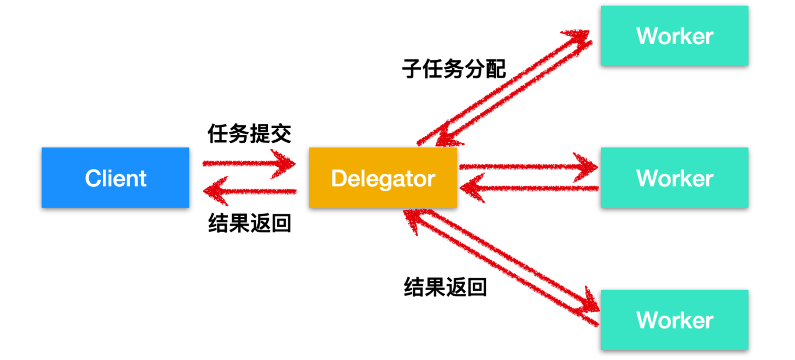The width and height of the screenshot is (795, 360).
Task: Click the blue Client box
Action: (115, 177)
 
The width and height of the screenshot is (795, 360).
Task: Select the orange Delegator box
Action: (383, 177)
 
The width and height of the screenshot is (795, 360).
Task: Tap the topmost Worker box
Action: (674, 36)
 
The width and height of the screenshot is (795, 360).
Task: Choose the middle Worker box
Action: (674, 177)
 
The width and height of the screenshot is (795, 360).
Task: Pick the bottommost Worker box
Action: (674, 320)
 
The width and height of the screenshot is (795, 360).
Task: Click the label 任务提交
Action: (249, 134)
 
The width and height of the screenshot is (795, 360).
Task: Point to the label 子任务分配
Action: (454, 69)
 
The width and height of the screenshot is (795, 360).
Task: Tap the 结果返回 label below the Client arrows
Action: (249, 224)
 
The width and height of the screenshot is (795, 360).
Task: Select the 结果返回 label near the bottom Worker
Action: (445, 287)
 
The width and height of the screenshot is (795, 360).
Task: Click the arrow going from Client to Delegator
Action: (247, 163)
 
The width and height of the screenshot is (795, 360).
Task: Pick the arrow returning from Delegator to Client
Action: (252, 192)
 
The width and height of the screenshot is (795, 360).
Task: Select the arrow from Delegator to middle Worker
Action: (525, 167)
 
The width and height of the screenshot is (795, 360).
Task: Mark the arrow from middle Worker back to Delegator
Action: (530, 188)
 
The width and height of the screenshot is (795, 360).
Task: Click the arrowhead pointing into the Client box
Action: (213, 192)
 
